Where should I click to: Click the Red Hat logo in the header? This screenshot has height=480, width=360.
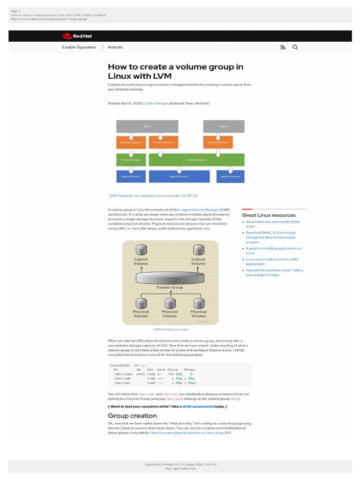coord(71,36)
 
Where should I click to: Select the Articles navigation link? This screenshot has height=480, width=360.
coord(115,47)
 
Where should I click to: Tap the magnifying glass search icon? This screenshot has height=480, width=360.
coord(295,47)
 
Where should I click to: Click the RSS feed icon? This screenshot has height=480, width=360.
coord(283,47)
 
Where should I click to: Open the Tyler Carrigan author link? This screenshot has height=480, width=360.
coord(157,103)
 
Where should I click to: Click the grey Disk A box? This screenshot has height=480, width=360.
coord(147,126)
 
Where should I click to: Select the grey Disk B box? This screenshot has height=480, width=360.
coord(224,126)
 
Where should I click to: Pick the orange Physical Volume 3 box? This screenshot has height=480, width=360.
coord(218,142)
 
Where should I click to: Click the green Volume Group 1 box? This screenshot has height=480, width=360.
coord(131,160)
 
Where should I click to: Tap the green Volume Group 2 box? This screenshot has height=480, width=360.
coord(196,160)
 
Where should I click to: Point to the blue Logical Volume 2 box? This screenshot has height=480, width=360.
coord(179,177)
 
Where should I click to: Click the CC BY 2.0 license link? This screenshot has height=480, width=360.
coord(189,195)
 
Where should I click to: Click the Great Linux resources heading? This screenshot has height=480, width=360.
coord(269,215)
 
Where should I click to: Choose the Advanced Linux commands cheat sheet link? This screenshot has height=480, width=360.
coord(272,224)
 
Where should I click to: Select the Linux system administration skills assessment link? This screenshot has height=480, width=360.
coord(272,262)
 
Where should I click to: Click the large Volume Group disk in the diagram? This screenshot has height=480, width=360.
coord(170,277)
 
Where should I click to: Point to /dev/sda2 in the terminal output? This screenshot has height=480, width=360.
coord(123,374)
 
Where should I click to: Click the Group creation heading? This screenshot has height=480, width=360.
coord(132,416)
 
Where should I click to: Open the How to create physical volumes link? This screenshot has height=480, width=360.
coord(190,433)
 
